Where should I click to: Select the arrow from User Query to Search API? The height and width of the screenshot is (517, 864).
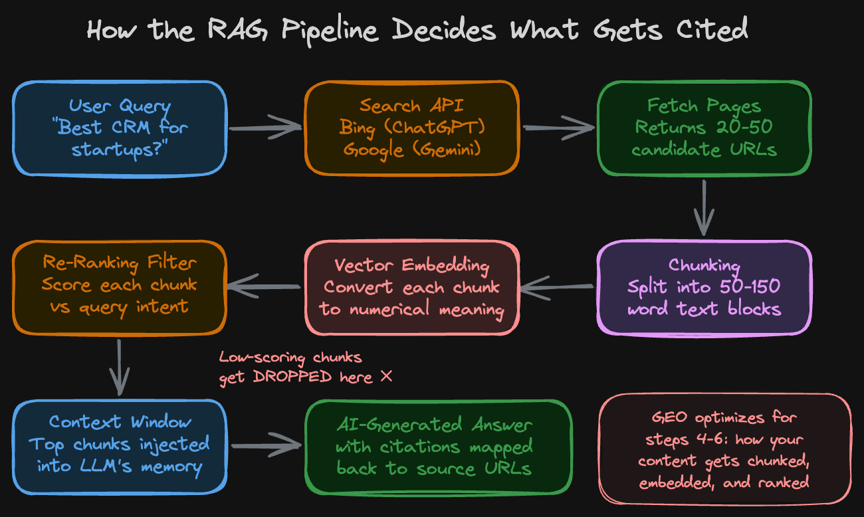(x=265, y=126)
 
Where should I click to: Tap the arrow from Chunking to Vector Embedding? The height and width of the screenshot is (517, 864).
(x=557, y=287)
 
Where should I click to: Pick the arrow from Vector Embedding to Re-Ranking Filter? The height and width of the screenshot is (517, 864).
(x=264, y=287)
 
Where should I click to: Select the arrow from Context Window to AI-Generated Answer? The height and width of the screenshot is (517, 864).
(x=265, y=446)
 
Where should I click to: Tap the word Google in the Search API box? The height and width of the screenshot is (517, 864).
(x=370, y=149)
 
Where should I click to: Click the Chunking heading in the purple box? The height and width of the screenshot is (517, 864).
(x=704, y=265)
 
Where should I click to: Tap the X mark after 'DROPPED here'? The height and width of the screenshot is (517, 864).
(x=385, y=377)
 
